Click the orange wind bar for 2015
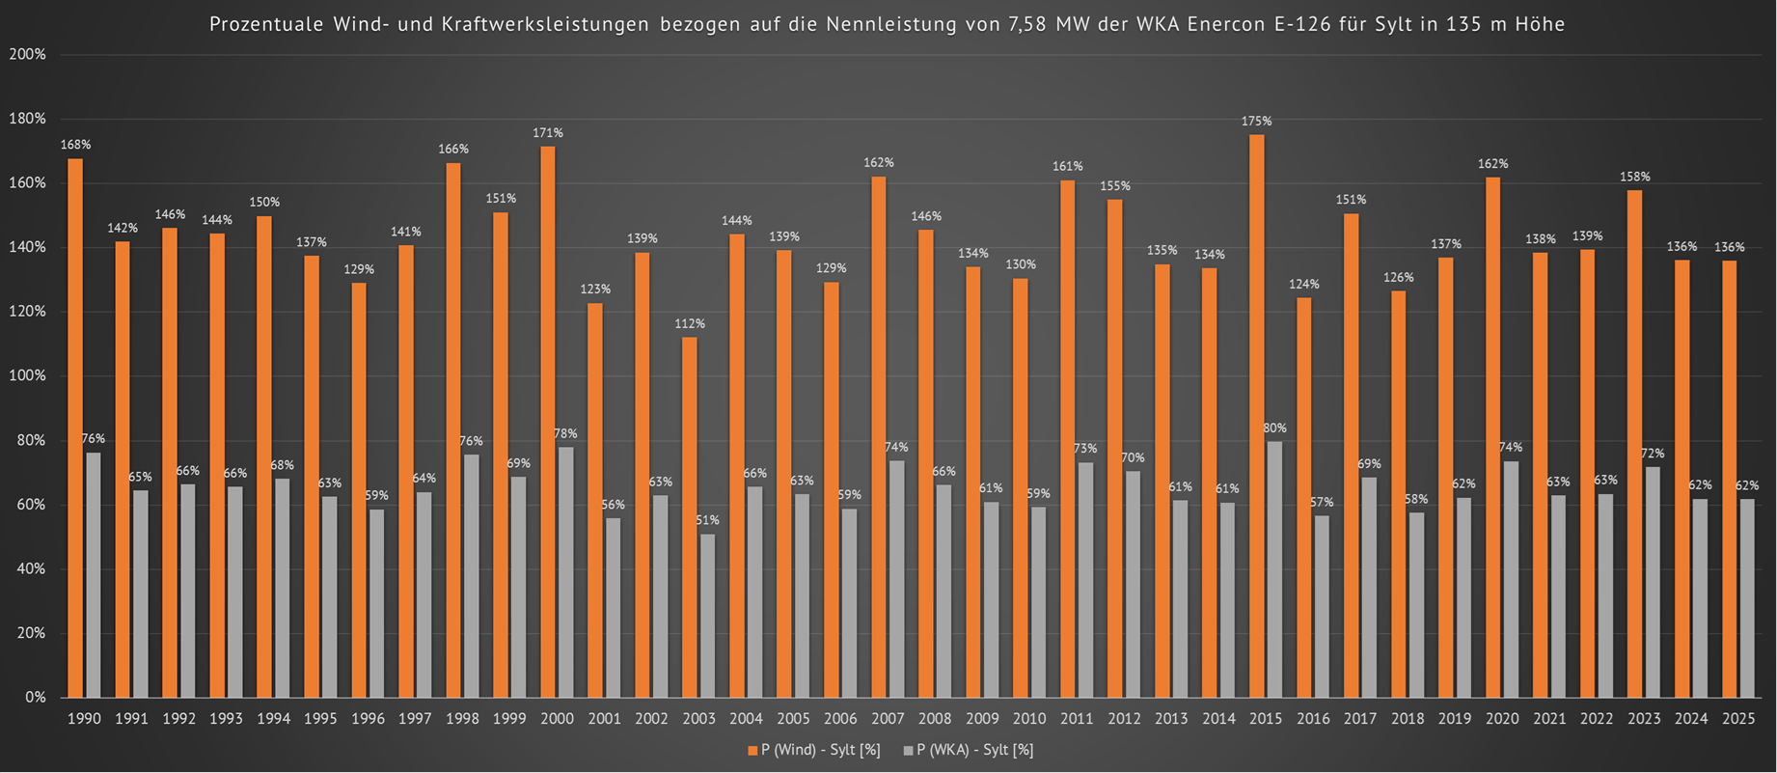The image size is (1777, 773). click(x=1256, y=415)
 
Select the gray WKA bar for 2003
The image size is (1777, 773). click(x=708, y=616)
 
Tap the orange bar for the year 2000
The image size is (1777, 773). click(x=548, y=422)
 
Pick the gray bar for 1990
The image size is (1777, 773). click(x=94, y=575)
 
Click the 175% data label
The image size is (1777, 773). click(x=1256, y=122)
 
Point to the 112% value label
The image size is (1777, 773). click(x=690, y=324)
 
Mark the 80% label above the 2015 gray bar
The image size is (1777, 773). click(x=1274, y=428)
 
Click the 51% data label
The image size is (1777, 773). click(x=708, y=521)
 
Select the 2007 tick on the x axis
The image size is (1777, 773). click(x=888, y=719)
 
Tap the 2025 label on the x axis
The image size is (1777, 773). click(x=1738, y=719)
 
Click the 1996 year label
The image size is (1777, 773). click(x=368, y=719)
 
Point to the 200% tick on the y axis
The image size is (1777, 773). click(x=27, y=55)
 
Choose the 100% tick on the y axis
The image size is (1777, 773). click(x=27, y=376)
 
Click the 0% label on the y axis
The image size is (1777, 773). click(x=35, y=698)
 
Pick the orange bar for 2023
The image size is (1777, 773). click(x=1634, y=444)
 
